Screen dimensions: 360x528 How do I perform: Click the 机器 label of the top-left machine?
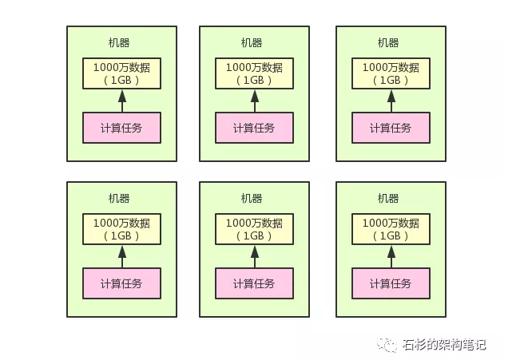pyautogui.click(x=119, y=42)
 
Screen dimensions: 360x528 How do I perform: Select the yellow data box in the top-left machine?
pyautogui.click(x=122, y=73)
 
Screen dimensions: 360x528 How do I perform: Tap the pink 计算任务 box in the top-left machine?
pyautogui.click(x=122, y=128)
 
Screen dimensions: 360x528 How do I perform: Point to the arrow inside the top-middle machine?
pyautogui.click(x=255, y=101)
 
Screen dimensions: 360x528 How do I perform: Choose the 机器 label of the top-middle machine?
pyautogui.click(x=252, y=42)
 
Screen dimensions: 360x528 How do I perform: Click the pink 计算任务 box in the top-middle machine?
pyautogui.click(x=255, y=128)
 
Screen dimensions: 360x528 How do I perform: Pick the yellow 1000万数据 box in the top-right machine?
pyautogui.click(x=391, y=73)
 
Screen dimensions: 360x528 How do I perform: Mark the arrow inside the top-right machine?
pyautogui.click(x=391, y=101)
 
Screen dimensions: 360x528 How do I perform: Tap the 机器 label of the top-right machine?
pyautogui.click(x=388, y=42)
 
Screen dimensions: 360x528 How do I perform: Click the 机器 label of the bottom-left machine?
pyautogui.click(x=119, y=199)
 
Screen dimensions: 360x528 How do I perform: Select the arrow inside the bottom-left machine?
pyautogui.click(x=122, y=257)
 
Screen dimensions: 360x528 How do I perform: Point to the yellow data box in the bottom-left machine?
pyautogui.click(x=122, y=229)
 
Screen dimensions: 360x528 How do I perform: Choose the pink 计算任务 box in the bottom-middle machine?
pyautogui.click(x=255, y=283)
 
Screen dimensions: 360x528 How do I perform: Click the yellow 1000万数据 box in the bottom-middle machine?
pyautogui.click(x=255, y=229)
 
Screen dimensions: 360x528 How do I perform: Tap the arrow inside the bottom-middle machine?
pyautogui.click(x=255, y=257)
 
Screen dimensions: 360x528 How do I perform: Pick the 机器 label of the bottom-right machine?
pyautogui.click(x=388, y=199)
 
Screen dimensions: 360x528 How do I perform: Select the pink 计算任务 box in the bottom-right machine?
pyautogui.click(x=391, y=283)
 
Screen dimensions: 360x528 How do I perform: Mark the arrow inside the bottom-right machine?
pyautogui.click(x=391, y=257)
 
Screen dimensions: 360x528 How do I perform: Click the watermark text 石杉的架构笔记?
pyautogui.click(x=444, y=345)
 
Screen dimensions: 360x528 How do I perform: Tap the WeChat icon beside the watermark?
pyautogui.click(x=387, y=344)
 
